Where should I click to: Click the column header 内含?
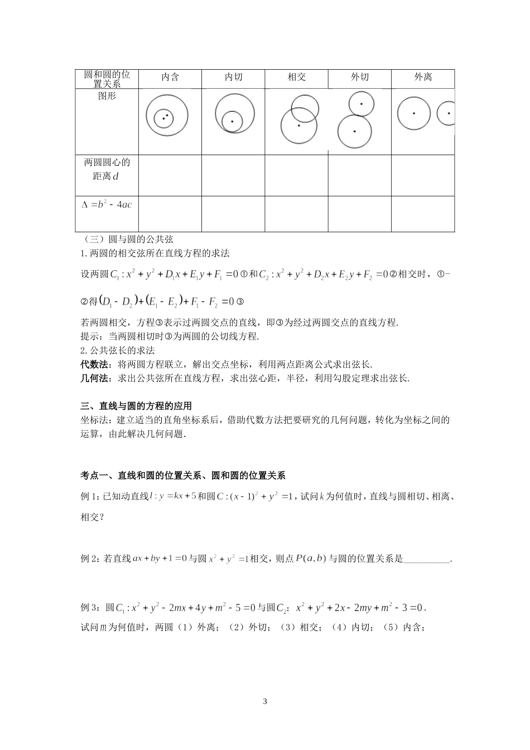(x=170, y=78)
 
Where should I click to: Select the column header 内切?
(x=233, y=78)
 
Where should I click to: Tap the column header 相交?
(x=296, y=78)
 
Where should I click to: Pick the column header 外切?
(x=359, y=78)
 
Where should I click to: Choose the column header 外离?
(x=423, y=78)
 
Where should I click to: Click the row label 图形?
(x=107, y=96)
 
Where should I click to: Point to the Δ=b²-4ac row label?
(x=107, y=205)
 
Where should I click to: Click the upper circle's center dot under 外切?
(x=361, y=104)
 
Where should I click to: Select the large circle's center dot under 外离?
(x=413, y=113)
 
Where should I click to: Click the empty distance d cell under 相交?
(x=296, y=175)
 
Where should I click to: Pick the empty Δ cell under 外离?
(x=423, y=213)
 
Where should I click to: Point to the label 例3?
(x=90, y=607)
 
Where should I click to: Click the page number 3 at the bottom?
(x=265, y=701)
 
